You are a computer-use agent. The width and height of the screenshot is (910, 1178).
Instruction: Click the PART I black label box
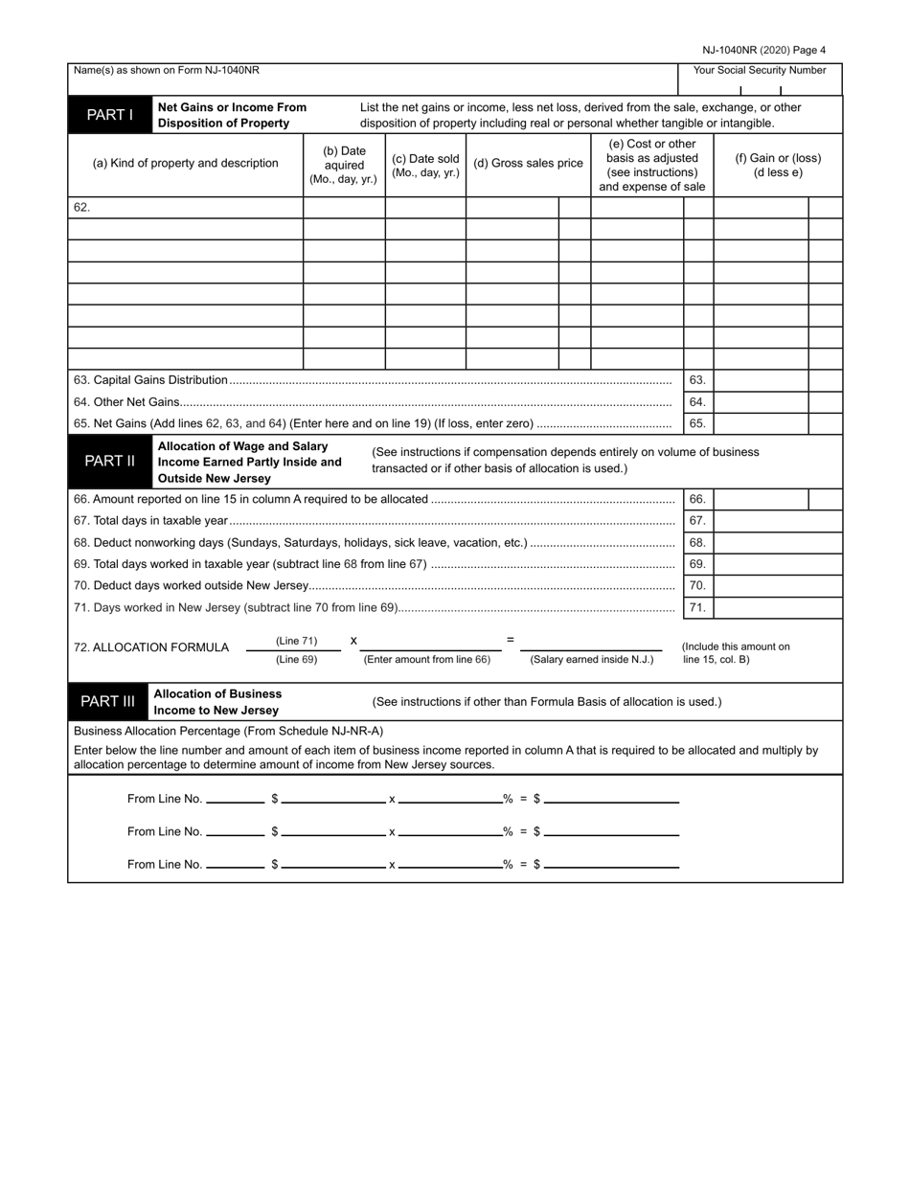click(x=110, y=115)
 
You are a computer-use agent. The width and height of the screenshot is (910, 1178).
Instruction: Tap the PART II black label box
click(x=110, y=461)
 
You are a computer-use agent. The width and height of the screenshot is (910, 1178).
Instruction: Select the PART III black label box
click(x=107, y=701)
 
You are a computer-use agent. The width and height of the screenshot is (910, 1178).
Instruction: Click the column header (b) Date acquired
click(x=344, y=165)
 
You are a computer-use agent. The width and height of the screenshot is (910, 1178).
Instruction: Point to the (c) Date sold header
click(x=425, y=165)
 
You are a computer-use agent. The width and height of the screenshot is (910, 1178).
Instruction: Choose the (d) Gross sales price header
click(x=528, y=163)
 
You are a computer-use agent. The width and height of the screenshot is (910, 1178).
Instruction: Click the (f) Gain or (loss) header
click(x=778, y=165)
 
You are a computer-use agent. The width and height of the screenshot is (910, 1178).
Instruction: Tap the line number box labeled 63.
click(x=697, y=380)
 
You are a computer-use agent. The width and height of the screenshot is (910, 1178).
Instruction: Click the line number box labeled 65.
click(x=697, y=423)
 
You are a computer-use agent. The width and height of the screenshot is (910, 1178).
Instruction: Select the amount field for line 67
click(x=777, y=521)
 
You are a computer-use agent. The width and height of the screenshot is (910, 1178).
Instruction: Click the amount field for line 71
click(x=777, y=607)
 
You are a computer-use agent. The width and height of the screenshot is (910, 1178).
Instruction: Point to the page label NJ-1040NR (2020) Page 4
click(x=763, y=50)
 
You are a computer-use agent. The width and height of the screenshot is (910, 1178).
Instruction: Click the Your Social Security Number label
click(x=760, y=70)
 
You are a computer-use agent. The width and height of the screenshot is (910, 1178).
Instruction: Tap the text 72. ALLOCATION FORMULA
click(x=151, y=647)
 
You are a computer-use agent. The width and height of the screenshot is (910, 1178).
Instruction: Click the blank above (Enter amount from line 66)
click(x=430, y=644)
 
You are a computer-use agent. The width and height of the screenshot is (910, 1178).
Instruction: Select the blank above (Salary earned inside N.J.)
click(x=591, y=644)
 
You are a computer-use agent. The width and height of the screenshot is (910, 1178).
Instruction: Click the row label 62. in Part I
click(x=81, y=207)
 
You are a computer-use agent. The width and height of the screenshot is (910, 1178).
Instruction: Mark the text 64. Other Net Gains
click(x=126, y=402)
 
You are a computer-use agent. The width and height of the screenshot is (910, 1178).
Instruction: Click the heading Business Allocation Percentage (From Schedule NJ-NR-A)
click(x=228, y=730)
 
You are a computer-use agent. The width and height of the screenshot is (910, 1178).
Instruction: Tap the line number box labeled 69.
click(x=697, y=564)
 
